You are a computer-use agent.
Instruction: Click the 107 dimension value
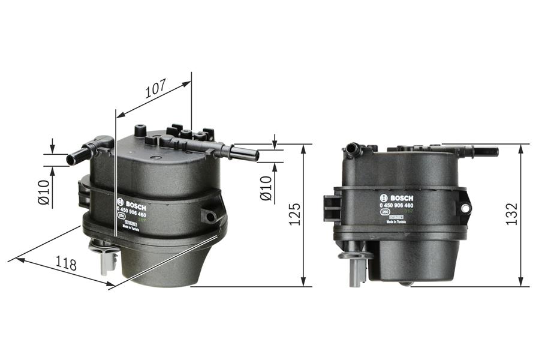[155, 89]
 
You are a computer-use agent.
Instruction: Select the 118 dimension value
[65, 263]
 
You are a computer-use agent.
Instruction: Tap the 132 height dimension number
[511, 214]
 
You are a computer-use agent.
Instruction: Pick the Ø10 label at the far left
[43, 192]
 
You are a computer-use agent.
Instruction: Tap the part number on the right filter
[400, 206]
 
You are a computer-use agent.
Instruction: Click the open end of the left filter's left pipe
[70, 160]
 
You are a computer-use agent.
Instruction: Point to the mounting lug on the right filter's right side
[465, 207]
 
